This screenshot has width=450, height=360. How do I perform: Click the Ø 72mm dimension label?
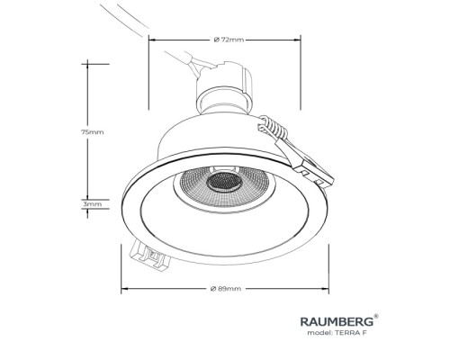pos(229,40)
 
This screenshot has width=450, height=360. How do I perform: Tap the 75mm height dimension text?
pos(93,132)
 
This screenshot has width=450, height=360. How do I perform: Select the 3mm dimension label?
pos(93,204)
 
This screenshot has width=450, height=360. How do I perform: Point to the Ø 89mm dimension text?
pos(226,289)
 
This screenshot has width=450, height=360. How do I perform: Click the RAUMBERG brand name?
pos(337,321)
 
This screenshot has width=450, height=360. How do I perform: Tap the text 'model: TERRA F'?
pos(337,333)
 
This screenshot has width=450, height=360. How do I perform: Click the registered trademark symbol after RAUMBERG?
pos(376,316)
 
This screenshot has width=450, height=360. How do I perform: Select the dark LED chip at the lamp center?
pos(224,183)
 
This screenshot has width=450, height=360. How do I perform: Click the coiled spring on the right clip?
pos(274,127)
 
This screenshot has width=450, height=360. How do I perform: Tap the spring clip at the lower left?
pos(149,255)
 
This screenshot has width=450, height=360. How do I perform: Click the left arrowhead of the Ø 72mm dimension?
pos(152,40)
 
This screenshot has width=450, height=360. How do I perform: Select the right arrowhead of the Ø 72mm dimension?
pos(298,40)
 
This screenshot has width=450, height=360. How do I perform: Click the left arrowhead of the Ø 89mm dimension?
pos(124,289)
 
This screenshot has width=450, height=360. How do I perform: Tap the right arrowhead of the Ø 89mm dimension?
pos(326,289)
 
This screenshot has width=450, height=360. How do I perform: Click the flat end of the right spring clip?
pos(315,174)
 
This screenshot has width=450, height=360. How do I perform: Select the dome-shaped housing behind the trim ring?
pos(216,135)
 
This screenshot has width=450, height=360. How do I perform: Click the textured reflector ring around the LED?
pos(224,186)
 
